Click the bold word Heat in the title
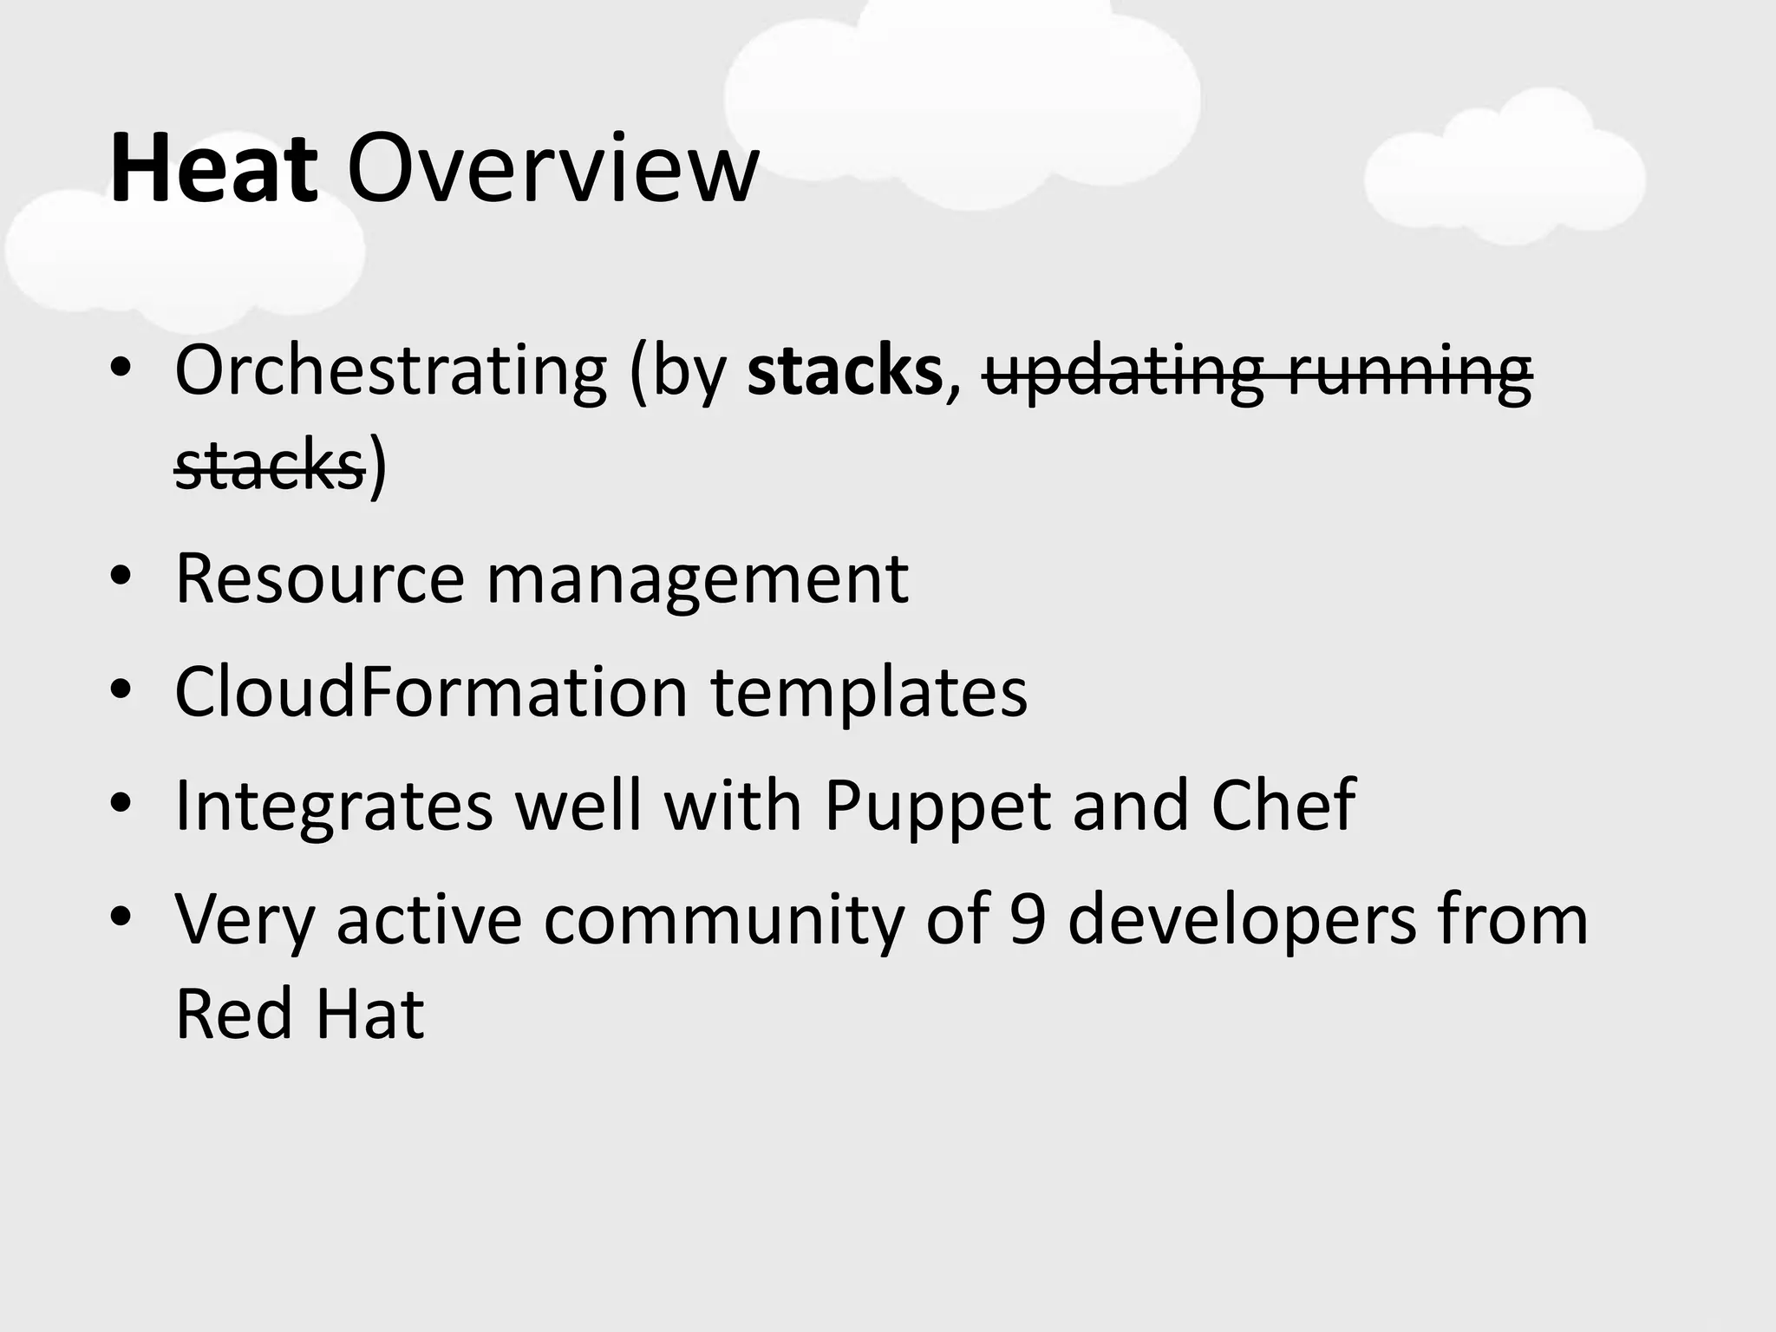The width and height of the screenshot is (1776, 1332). point(213,169)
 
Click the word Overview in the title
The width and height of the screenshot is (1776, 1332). point(552,169)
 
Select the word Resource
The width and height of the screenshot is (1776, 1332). point(320,579)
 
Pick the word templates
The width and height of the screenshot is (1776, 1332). point(869,694)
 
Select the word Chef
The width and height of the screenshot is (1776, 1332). point(1283,805)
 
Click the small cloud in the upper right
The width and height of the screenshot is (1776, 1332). point(1505,169)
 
